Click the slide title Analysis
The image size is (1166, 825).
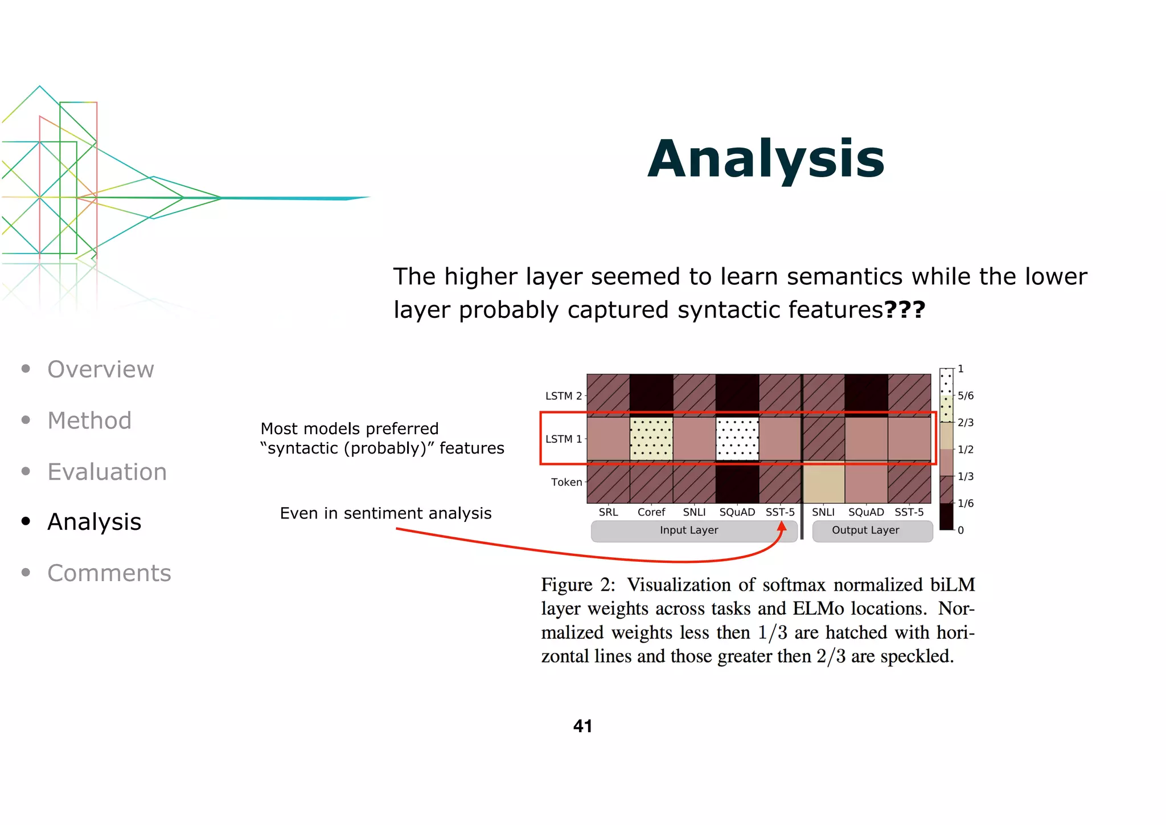[x=766, y=159]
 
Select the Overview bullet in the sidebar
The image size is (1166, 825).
[x=100, y=369]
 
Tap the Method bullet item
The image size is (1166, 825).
[x=89, y=420]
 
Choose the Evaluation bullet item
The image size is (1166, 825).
[x=107, y=472]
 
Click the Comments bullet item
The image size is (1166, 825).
[x=109, y=573]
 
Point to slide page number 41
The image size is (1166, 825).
[x=582, y=726]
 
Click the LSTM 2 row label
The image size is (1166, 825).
[x=563, y=396]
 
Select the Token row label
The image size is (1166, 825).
[x=566, y=482]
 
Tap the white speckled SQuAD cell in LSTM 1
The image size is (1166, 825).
[x=737, y=439]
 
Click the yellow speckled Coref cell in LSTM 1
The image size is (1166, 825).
[x=651, y=439]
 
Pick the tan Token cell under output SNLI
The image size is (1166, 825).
[x=823, y=482]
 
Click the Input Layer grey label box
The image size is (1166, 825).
[x=689, y=530]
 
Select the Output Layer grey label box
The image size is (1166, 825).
[x=866, y=530]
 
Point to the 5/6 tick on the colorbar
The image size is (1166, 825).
[x=964, y=395]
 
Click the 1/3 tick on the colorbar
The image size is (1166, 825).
[x=964, y=476]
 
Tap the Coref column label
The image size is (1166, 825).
[x=651, y=512]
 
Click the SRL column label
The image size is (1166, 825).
[x=608, y=512]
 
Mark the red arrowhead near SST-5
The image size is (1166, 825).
[x=782, y=526]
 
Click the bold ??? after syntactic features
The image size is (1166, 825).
[x=905, y=310]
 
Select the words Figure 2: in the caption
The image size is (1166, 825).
[x=578, y=585]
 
